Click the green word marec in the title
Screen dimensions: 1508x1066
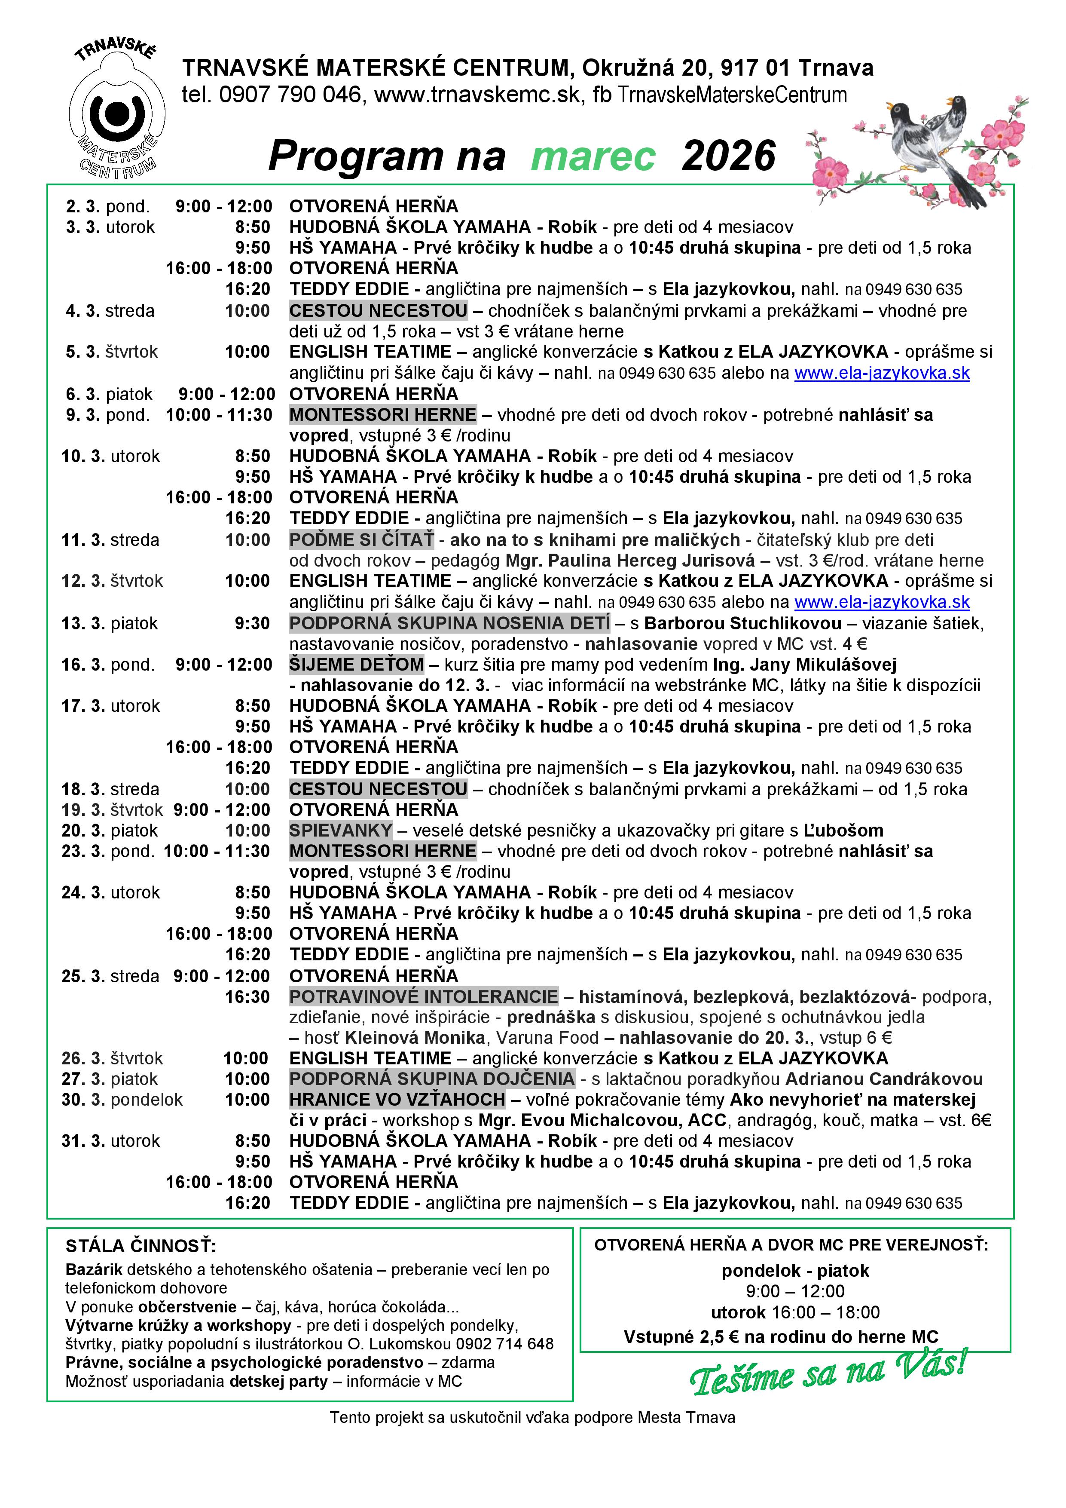coord(593,157)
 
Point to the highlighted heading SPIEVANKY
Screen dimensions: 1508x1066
coord(340,830)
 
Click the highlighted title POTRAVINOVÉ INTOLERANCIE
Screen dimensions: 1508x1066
coord(423,996)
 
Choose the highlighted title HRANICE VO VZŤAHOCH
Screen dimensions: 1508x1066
coord(397,1100)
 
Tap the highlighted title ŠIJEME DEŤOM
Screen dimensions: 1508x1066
coord(357,665)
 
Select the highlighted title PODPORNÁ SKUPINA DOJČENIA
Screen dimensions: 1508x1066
coord(432,1079)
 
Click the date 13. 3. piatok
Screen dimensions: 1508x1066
coord(110,623)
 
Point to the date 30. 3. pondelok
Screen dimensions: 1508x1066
coord(122,1100)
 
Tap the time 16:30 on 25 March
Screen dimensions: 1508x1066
coord(247,997)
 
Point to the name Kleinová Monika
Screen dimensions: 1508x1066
coord(415,1038)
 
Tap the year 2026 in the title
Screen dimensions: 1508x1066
coord(729,157)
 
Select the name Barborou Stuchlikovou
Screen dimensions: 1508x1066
coord(742,623)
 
